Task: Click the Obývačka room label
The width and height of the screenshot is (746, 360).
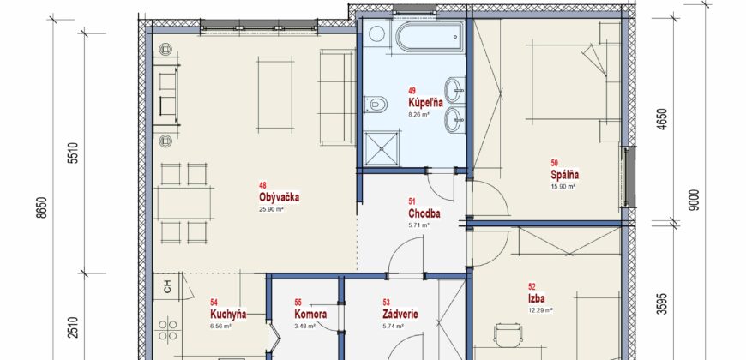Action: tap(280, 197)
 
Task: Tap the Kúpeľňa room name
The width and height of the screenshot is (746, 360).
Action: tap(425, 102)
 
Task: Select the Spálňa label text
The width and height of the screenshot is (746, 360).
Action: tap(564, 175)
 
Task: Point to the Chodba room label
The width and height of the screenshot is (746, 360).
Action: tap(424, 214)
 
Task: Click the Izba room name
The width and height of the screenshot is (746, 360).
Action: tap(536, 298)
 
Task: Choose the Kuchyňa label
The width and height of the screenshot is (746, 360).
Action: tap(228, 314)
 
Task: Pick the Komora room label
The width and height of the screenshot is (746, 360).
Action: tap(310, 314)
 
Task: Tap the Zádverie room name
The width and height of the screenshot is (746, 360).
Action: tap(400, 314)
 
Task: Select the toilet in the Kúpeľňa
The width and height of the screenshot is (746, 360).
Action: tap(375, 103)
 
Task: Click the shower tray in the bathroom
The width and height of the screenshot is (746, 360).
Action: tap(380, 148)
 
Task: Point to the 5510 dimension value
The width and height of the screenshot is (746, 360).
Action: tap(72, 153)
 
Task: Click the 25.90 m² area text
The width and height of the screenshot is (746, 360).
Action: tap(272, 208)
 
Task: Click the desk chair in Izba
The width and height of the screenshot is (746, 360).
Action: tap(508, 336)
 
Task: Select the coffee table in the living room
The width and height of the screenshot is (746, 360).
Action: tap(275, 93)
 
